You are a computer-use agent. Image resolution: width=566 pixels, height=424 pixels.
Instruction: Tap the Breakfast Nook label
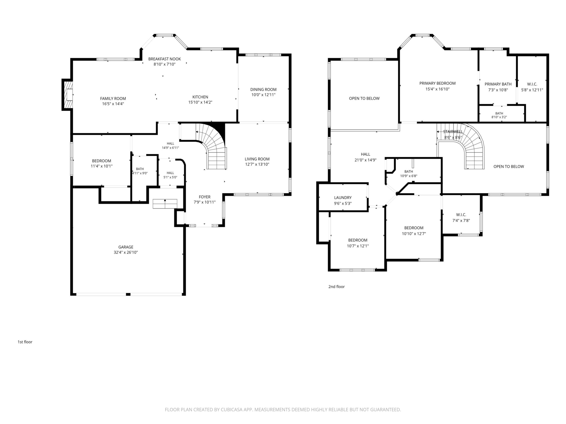pyautogui.click(x=165, y=59)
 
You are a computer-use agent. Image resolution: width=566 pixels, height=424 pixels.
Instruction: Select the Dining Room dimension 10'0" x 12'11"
pyautogui.click(x=263, y=95)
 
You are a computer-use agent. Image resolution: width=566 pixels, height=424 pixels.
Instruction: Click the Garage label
pyautogui.click(x=126, y=247)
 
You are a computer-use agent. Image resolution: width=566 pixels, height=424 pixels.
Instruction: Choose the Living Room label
pyautogui.click(x=257, y=159)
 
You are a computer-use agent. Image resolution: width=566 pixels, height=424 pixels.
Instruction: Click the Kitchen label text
pyautogui.click(x=200, y=97)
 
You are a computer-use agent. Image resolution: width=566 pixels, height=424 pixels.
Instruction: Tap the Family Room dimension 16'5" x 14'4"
pyautogui.click(x=113, y=104)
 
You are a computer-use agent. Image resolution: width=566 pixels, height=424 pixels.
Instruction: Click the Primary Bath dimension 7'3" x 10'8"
pyautogui.click(x=498, y=90)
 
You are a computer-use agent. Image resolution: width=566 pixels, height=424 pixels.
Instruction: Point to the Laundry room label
pyautogui.click(x=343, y=198)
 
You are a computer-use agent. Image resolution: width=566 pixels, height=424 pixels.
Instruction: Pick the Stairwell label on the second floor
pyautogui.click(x=453, y=132)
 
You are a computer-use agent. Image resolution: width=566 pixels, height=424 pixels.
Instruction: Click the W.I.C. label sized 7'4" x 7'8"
pyautogui.click(x=461, y=215)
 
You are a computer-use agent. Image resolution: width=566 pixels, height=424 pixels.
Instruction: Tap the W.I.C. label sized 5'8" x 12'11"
pyautogui.click(x=532, y=84)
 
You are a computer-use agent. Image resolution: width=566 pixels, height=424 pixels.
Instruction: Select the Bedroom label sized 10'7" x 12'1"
pyautogui.click(x=357, y=240)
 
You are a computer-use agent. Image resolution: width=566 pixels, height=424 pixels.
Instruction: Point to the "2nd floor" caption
pyautogui.click(x=336, y=287)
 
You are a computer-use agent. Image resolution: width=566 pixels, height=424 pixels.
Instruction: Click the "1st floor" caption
pyautogui.click(x=25, y=342)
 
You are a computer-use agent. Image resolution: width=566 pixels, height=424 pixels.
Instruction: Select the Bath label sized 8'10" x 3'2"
pyautogui.click(x=499, y=113)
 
